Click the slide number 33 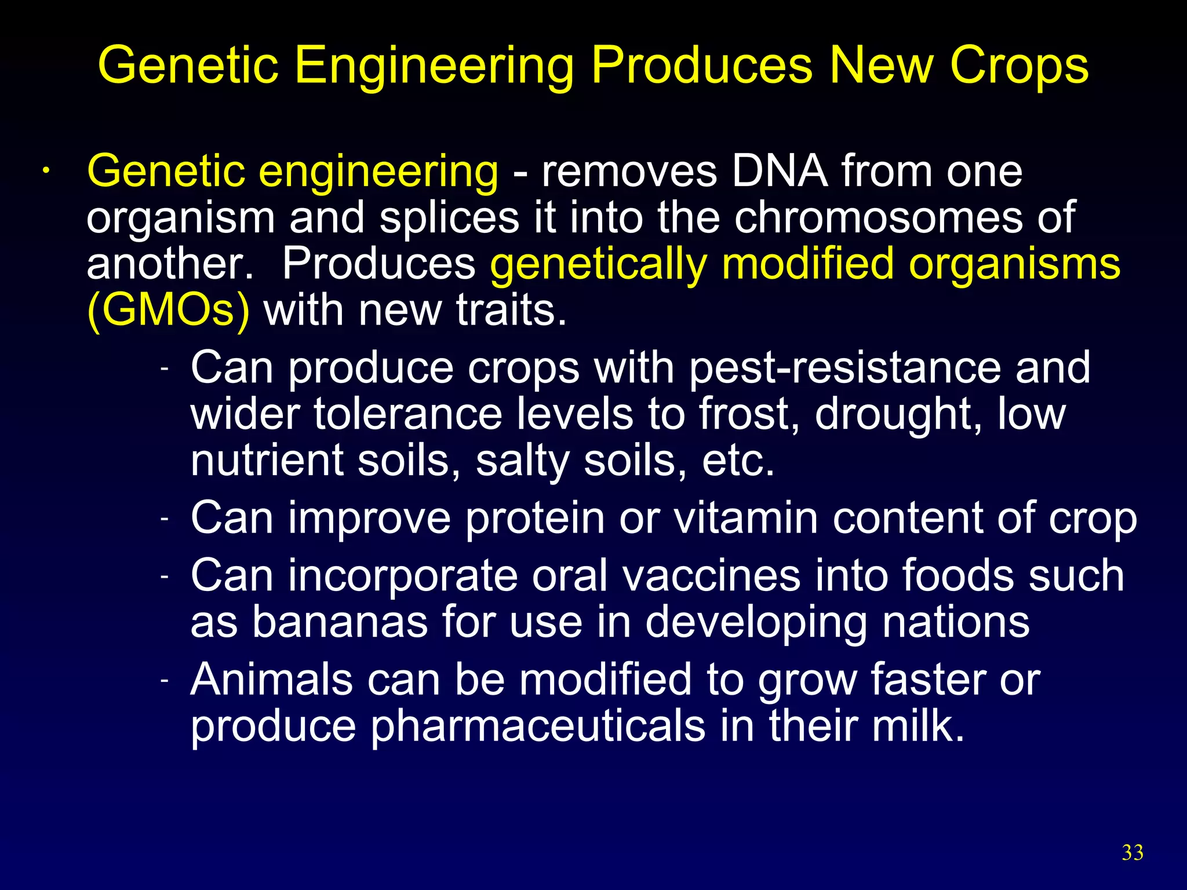[1133, 853]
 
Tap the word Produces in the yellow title [702, 65]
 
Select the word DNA [780, 172]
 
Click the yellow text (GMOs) [168, 311]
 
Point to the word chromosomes [879, 218]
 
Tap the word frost [749, 414]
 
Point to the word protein [535, 519]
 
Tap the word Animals [271, 679]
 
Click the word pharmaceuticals [538, 726]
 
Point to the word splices [449, 218]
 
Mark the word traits [511, 310]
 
